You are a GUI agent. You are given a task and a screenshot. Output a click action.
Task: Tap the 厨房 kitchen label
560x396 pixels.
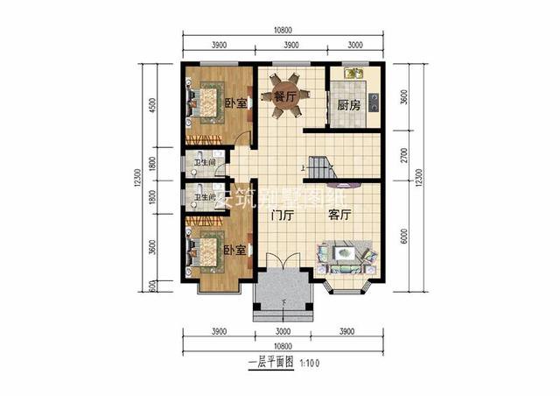click(x=348, y=104)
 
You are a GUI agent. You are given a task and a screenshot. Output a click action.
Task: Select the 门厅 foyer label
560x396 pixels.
click(x=282, y=214)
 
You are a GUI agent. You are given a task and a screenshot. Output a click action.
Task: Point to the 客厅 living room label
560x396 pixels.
click(x=339, y=214)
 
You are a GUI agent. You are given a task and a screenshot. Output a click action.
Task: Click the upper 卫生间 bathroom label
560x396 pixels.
click(x=205, y=162)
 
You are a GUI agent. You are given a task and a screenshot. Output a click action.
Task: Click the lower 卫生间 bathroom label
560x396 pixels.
click(x=205, y=197)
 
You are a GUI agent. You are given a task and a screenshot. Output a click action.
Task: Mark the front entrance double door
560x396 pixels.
click(x=282, y=262)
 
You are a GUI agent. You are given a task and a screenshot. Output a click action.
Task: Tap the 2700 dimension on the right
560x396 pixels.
click(x=403, y=157)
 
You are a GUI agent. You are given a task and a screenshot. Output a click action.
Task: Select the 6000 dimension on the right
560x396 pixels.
click(x=403, y=235)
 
